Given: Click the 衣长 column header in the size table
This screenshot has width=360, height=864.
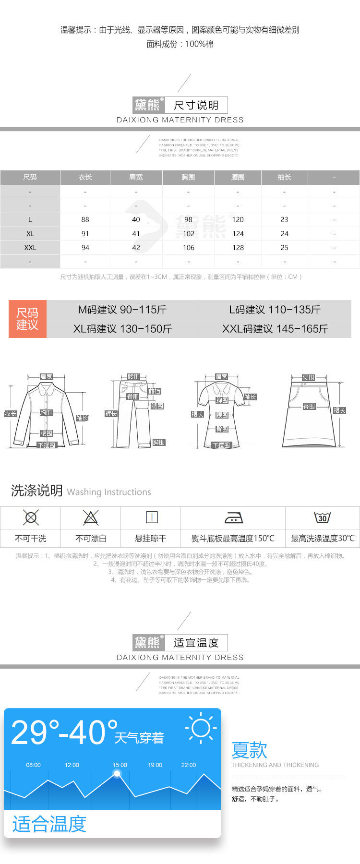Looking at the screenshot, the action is [x=85, y=177].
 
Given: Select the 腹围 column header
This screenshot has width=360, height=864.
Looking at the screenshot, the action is [x=238, y=177].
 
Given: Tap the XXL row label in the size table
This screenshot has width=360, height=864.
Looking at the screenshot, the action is [x=30, y=248].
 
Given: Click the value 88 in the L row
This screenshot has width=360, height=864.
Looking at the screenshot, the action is [x=85, y=219].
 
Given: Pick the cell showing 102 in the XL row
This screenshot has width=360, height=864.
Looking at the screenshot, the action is [x=189, y=234].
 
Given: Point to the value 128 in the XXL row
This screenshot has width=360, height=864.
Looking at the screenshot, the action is [x=238, y=248].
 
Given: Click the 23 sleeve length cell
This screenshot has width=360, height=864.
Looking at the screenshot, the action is [x=284, y=219].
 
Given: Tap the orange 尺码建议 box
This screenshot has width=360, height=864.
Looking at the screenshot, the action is [x=27, y=319].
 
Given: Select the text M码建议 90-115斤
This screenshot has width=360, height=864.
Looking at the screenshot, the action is [x=122, y=310].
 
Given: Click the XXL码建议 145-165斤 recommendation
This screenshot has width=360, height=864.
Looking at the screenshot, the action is [x=275, y=329].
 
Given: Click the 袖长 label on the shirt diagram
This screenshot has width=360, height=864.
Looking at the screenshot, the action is [x=83, y=418].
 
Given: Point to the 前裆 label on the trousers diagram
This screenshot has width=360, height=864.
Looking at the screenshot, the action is [x=155, y=391].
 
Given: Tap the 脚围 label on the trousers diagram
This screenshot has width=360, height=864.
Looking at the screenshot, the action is [x=159, y=443].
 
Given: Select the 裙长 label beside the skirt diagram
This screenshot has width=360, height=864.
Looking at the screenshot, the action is [x=339, y=410].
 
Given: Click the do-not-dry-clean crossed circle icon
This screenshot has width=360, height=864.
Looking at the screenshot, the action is [x=31, y=517].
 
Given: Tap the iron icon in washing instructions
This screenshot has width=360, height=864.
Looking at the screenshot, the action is [x=234, y=517].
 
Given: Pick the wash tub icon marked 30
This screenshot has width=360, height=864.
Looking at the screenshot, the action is [x=322, y=517].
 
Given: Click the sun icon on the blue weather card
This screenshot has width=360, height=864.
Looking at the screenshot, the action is [x=201, y=728].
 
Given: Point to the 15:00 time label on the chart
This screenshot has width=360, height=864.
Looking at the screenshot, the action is [x=120, y=765].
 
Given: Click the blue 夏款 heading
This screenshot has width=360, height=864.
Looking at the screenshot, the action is [x=249, y=750].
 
